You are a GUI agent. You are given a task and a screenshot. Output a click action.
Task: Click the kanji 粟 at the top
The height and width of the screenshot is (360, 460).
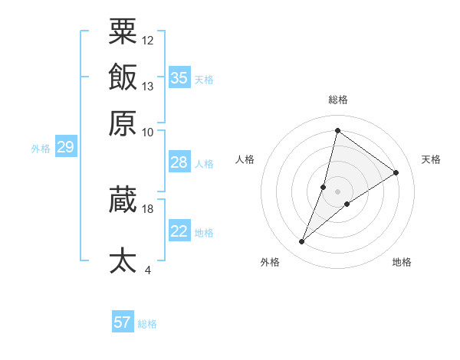(x=123, y=32)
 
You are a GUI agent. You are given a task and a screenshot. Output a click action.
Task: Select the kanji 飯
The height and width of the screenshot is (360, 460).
(x=123, y=78)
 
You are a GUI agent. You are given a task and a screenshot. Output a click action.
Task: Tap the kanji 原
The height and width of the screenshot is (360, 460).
(x=123, y=123)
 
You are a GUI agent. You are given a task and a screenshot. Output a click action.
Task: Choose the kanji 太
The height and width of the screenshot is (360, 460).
(x=123, y=260)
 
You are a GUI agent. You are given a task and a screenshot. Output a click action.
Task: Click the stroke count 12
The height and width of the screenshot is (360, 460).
(x=148, y=40)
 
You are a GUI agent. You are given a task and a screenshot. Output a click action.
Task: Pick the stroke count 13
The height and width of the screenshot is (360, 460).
(x=148, y=86)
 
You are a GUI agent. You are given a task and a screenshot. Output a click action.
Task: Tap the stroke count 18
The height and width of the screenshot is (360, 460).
(x=148, y=208)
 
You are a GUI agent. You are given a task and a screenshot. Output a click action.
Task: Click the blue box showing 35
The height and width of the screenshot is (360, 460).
(x=179, y=78)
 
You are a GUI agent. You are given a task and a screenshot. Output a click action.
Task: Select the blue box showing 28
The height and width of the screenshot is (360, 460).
(x=179, y=162)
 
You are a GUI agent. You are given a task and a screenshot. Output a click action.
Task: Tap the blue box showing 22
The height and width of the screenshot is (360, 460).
(x=179, y=231)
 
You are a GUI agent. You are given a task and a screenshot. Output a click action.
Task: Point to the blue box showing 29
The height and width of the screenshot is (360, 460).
(x=65, y=147)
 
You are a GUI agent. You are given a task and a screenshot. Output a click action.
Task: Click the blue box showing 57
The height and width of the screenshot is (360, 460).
(x=123, y=322)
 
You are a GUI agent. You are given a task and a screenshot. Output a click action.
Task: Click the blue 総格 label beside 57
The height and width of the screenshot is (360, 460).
(x=147, y=324)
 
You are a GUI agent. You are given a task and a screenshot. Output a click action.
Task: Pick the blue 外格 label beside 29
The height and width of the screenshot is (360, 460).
(x=41, y=149)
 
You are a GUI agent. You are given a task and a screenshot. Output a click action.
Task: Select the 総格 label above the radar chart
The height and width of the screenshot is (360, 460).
(x=337, y=100)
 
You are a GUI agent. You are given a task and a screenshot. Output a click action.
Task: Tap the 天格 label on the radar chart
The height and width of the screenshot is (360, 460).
(x=431, y=159)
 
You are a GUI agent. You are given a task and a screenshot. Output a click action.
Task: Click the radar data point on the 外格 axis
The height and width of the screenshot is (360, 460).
(x=302, y=242)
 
